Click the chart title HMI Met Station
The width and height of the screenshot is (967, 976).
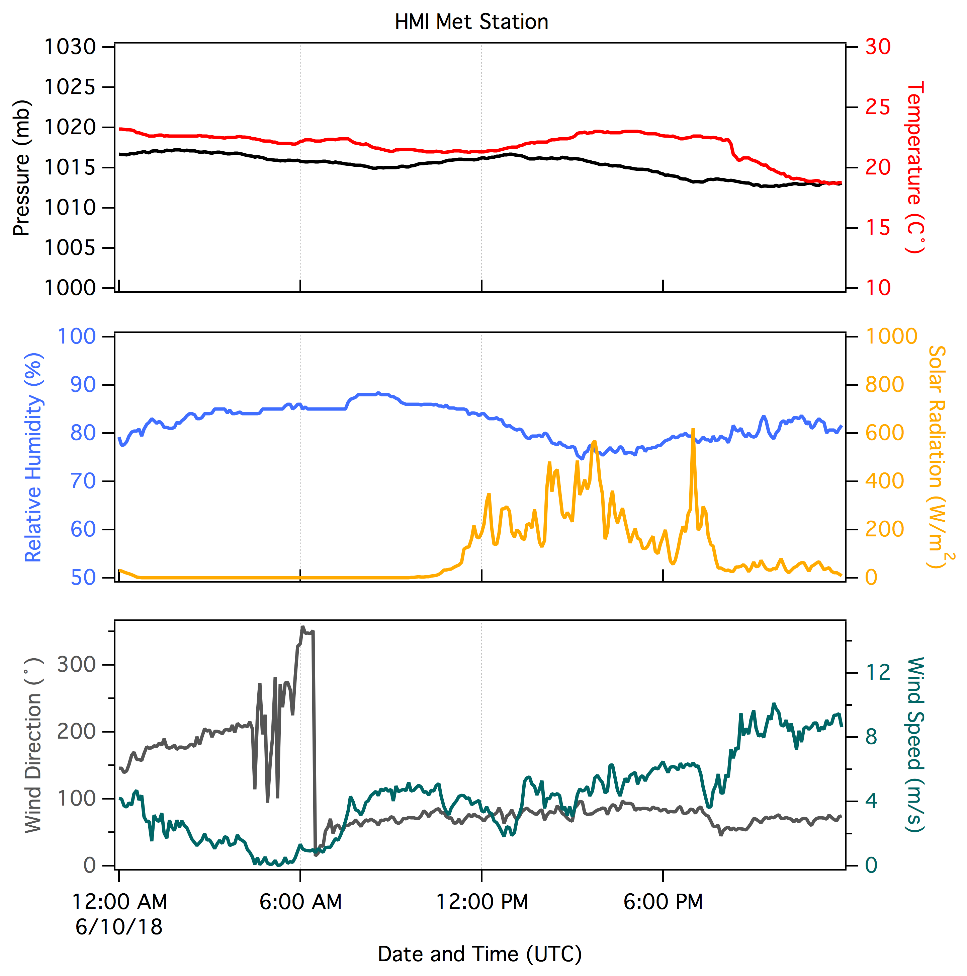point(471,22)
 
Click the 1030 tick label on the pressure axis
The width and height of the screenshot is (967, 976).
point(70,47)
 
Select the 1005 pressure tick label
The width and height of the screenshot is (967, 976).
point(70,248)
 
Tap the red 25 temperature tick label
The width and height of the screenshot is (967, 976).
point(878,107)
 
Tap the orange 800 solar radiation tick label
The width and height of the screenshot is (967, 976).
point(885,385)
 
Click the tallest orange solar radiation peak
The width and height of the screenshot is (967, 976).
point(693,429)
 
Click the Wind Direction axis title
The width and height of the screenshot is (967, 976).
point(33,745)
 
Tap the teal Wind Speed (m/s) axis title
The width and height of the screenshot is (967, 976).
point(915,745)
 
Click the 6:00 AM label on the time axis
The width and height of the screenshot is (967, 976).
point(300,902)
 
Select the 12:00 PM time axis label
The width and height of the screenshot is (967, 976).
point(482,902)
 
